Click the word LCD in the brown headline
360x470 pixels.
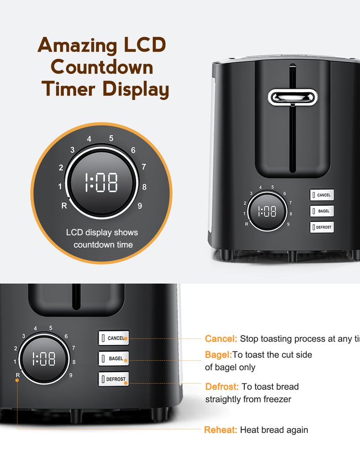point(144,45)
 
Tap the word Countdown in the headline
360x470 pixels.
point(102,67)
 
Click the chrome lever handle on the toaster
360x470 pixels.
point(293,97)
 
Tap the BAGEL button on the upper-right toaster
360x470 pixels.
point(321,211)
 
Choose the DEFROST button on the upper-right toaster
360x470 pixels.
point(321,227)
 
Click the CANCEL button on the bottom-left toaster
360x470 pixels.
point(114,338)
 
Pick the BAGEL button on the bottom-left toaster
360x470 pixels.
point(114,358)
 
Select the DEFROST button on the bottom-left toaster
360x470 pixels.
point(114,379)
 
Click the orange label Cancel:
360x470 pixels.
point(221,339)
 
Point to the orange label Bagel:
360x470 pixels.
point(218,355)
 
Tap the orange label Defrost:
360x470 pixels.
point(222,386)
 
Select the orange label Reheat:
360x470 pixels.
point(221,430)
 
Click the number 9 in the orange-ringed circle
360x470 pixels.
point(140,206)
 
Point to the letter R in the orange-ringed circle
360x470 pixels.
point(64,206)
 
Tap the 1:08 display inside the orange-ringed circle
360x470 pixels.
point(101,182)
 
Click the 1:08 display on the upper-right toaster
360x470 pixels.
point(267,211)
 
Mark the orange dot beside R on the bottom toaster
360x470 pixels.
point(17,380)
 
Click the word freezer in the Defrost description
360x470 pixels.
point(277,399)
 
